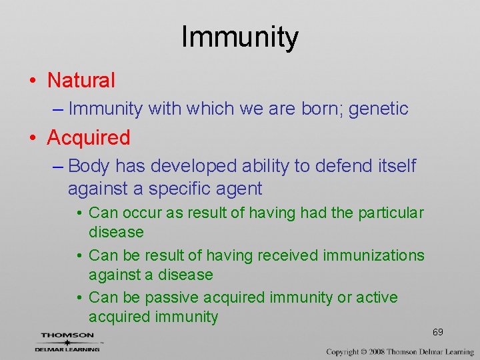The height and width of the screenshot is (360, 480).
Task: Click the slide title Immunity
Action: click(x=239, y=37)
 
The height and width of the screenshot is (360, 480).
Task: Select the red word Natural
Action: click(x=81, y=81)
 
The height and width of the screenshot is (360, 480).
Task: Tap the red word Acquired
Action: click(x=88, y=138)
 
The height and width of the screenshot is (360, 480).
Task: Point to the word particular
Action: click(x=391, y=213)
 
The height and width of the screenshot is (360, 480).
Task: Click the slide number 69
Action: click(x=438, y=332)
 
